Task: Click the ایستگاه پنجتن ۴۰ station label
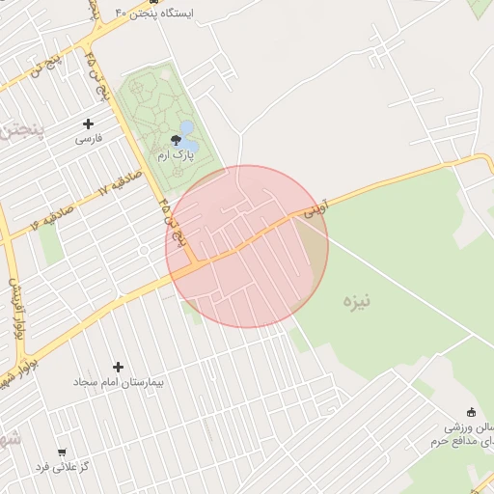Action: click(x=154, y=14)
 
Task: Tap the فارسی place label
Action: click(x=89, y=139)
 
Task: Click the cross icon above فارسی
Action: click(x=89, y=123)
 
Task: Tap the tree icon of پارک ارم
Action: click(x=176, y=140)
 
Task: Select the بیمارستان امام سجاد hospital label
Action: click(x=119, y=382)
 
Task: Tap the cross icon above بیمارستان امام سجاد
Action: click(x=119, y=367)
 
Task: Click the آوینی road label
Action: click(x=316, y=207)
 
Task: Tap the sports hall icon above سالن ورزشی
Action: click(x=471, y=412)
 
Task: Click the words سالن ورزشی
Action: click(x=469, y=426)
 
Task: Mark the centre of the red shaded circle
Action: click(x=247, y=246)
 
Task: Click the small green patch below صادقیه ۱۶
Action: click(x=50, y=242)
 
